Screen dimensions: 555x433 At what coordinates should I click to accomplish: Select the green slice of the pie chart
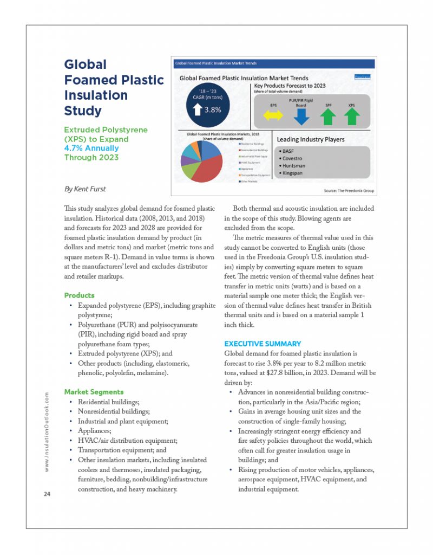pos(190,171)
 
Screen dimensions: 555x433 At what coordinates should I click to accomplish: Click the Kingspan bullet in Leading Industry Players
pos(296,172)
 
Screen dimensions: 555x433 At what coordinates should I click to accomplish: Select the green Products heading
pos(79,295)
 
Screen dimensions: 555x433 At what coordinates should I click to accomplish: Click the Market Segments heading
pos(94,392)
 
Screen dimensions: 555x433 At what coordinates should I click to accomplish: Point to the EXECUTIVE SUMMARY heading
pos(263,344)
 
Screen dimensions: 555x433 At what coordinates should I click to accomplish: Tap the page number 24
pos(46,494)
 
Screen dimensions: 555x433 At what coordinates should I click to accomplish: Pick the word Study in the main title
pos(83,111)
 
